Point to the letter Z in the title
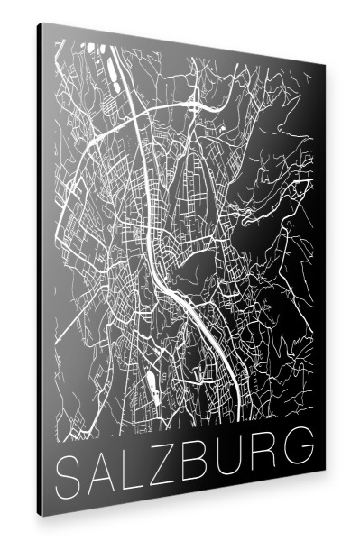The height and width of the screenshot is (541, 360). coord(163,460)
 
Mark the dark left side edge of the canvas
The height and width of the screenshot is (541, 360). coord(41,270)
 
